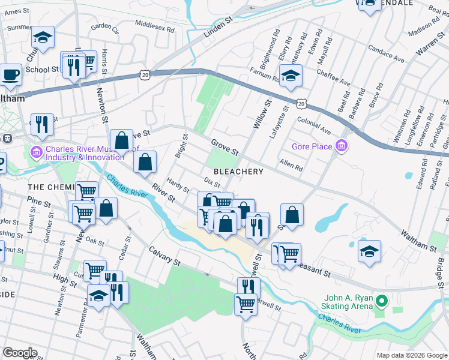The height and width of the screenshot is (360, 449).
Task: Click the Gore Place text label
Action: (312, 146)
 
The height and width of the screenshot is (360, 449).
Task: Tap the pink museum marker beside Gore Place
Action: (342, 145)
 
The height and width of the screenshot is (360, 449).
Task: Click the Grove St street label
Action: (225, 146)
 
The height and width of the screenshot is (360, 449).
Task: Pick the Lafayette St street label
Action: (279, 121)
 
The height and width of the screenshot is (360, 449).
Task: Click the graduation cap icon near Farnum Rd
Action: (291, 76)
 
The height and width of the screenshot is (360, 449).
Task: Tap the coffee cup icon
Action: (10, 75)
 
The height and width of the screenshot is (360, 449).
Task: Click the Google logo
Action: (20, 353)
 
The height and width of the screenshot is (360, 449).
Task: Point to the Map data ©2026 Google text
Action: (411, 355)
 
